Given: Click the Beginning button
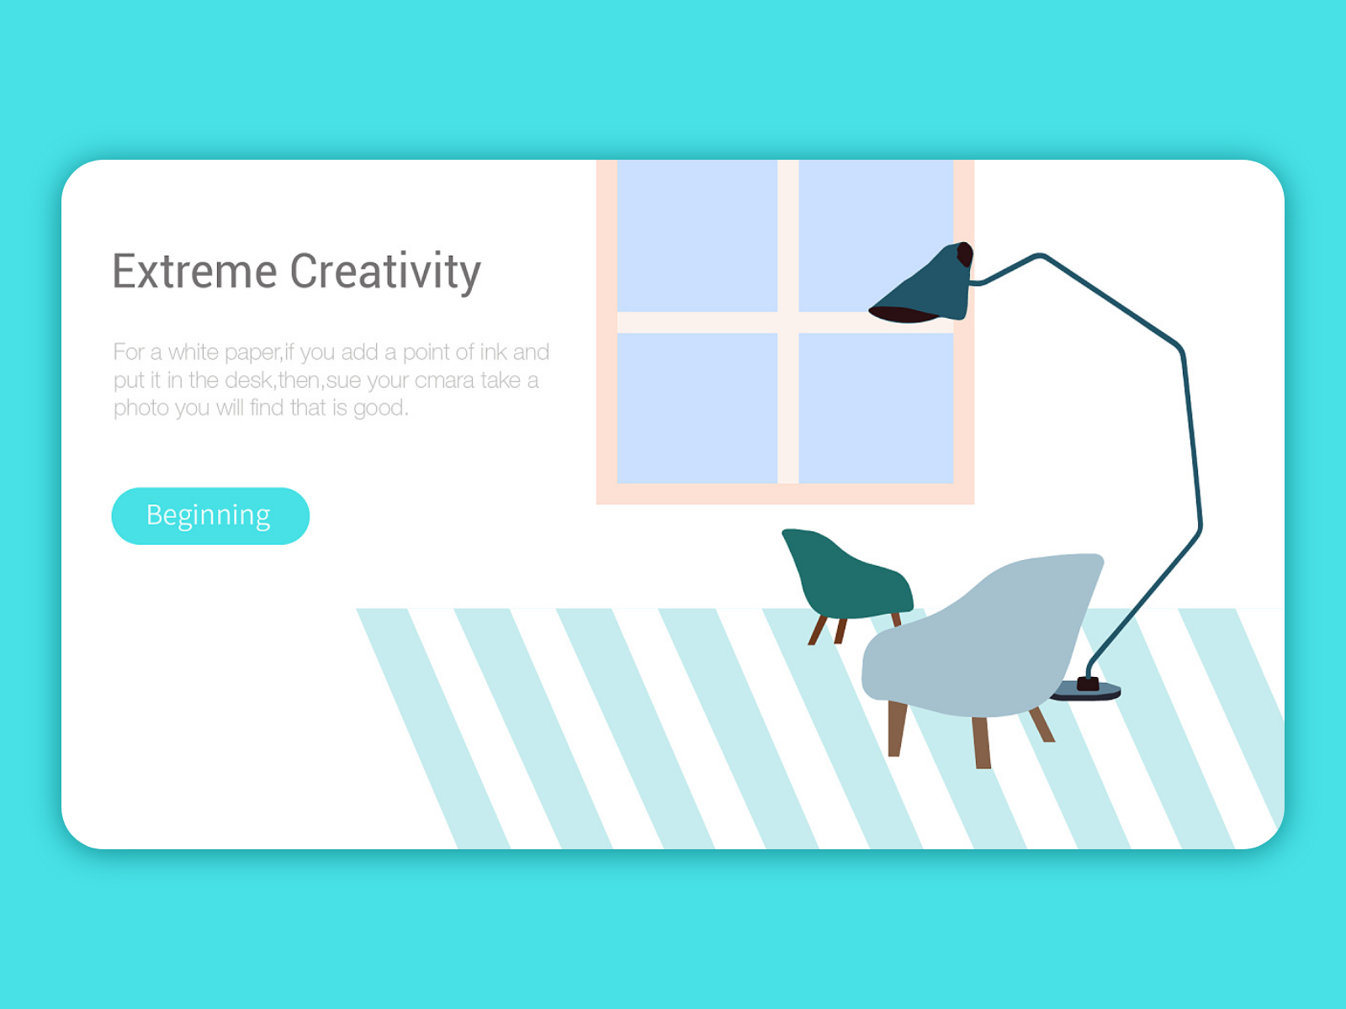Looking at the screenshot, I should (209, 515).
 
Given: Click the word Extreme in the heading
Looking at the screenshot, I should (194, 272).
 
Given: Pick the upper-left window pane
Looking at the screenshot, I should (697, 235).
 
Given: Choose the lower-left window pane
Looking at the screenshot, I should (697, 408).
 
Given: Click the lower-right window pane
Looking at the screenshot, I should (875, 408).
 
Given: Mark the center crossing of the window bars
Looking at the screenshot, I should (787, 323).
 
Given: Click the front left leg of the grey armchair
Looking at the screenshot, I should (897, 728).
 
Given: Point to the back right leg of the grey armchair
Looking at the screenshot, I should (1042, 724).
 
